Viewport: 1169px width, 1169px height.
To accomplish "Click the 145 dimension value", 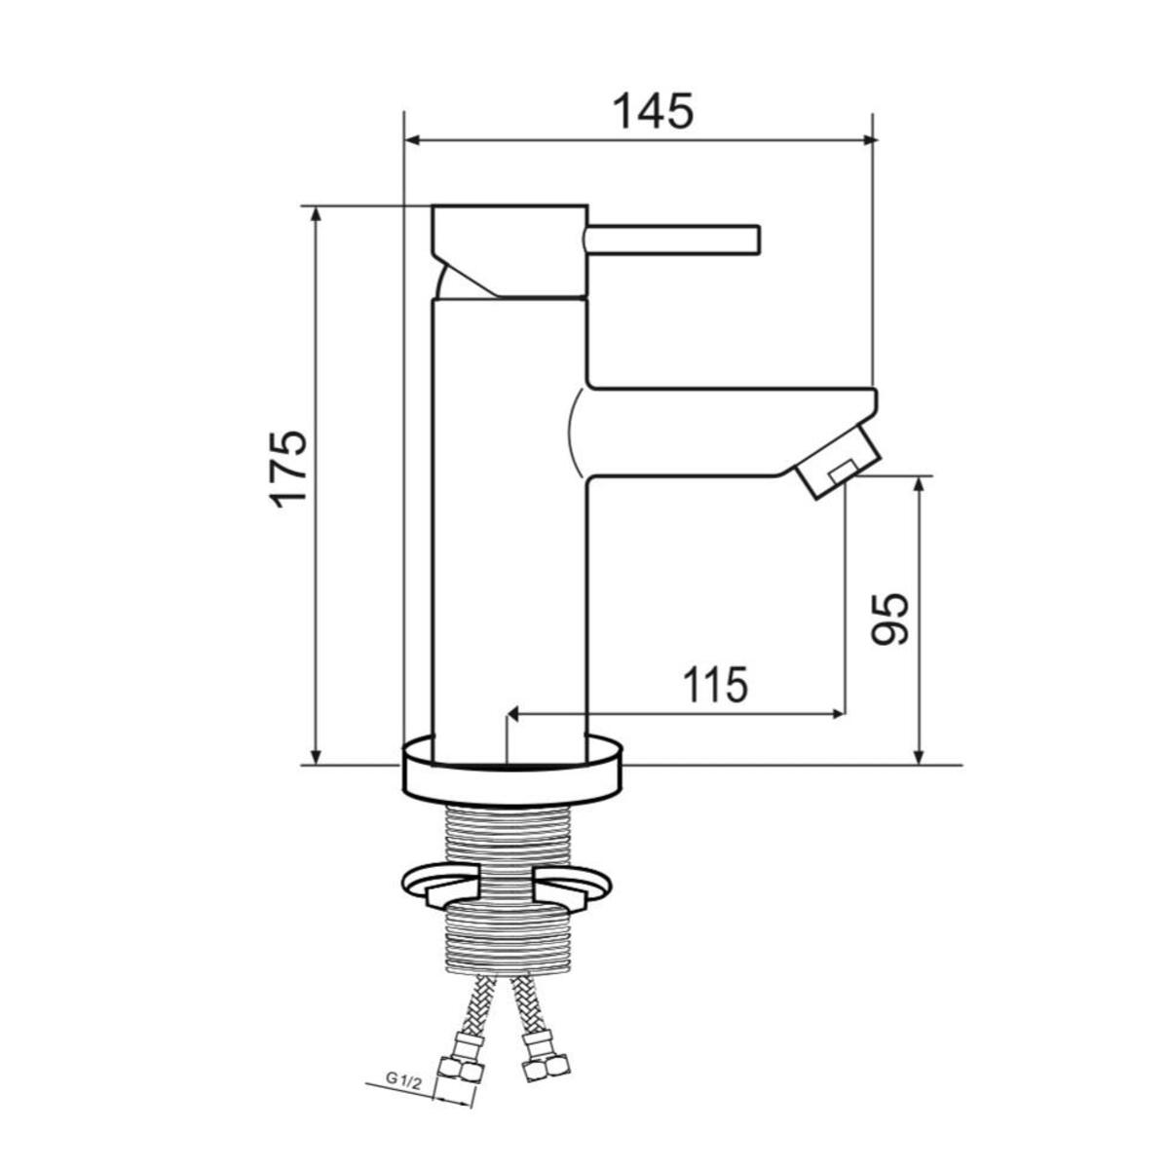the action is (653, 111).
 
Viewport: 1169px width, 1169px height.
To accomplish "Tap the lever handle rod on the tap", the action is (672, 238).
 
